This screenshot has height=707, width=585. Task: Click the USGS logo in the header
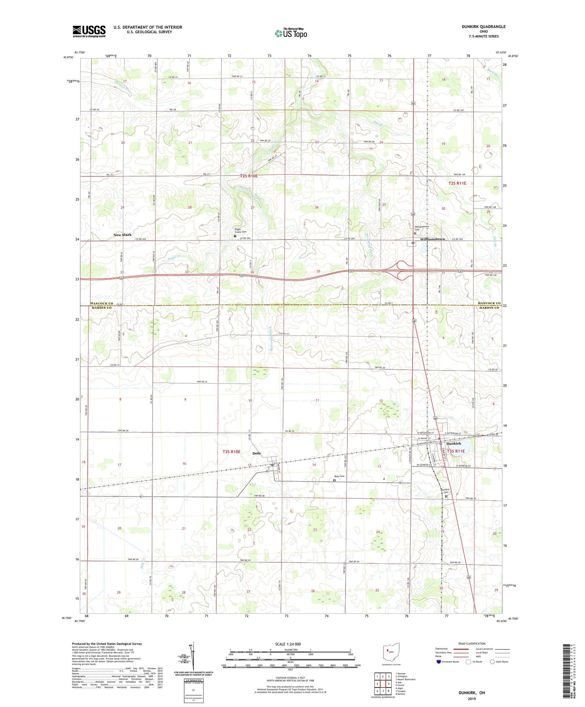point(89,31)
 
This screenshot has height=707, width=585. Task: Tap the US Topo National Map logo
point(291,33)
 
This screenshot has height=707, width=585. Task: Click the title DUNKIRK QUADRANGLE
point(483,27)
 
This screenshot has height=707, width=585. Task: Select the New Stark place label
point(122,235)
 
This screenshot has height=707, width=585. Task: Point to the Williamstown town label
point(433,239)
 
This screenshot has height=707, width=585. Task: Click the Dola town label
point(256,453)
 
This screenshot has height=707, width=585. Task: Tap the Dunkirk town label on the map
point(454,443)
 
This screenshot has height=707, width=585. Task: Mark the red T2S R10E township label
point(249,176)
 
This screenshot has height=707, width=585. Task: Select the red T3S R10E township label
point(231,452)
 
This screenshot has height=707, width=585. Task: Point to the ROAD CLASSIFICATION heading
point(472,643)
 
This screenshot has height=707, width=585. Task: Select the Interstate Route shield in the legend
point(439,662)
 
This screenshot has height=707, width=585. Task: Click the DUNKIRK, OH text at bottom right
point(472,693)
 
